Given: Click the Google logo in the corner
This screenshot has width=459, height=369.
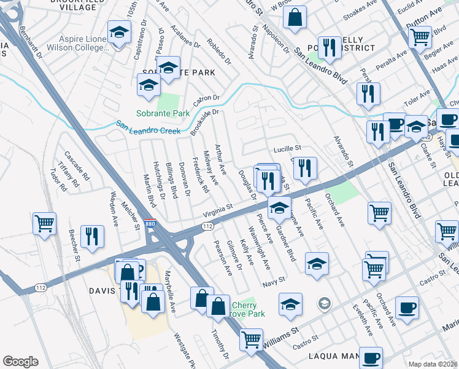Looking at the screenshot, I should pos(20,361).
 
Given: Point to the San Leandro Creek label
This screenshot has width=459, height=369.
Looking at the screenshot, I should pos(148,130).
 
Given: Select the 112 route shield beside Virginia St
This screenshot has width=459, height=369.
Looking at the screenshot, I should pos(208,227).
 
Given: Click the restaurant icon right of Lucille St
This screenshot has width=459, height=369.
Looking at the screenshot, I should pos(305,168).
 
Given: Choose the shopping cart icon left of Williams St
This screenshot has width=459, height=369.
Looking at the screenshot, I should pos(250,339).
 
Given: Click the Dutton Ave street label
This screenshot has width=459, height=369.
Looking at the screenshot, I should pos(425,28).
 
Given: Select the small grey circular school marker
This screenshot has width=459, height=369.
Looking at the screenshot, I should pos(324,303).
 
